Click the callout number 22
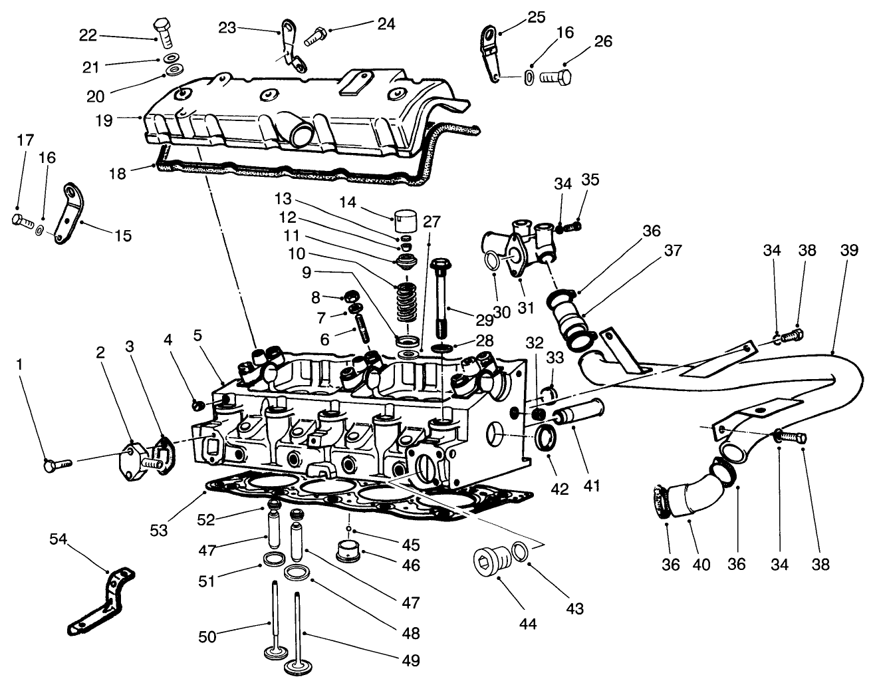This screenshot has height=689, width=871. coord(88,36)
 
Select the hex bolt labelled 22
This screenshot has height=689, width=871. coord(163,31)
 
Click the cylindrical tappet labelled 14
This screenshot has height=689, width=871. coord(404,219)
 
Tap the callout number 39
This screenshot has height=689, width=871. coord(848,251)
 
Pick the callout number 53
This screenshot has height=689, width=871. coord(158,530)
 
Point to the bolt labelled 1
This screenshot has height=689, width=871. coord(54,466)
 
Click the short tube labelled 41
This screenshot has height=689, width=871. coord(578,417)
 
